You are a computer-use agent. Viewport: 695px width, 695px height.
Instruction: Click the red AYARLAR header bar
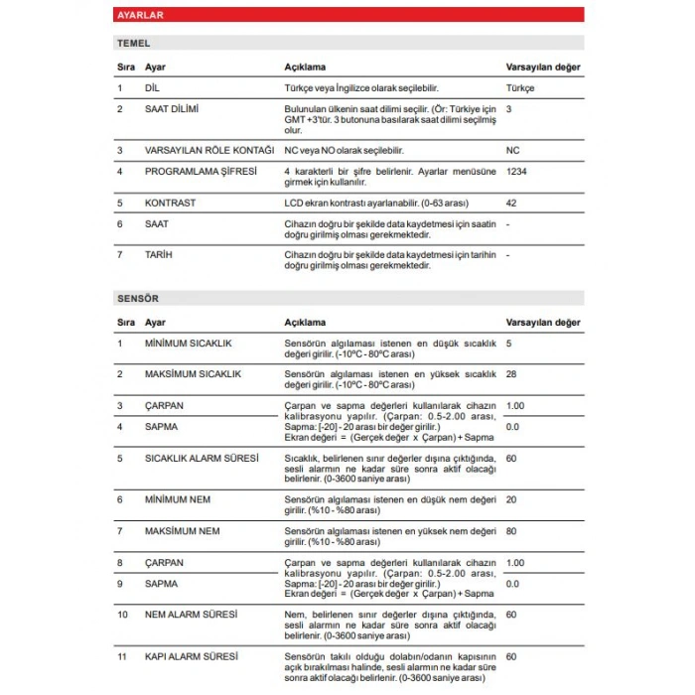pyautogui.click(x=347, y=16)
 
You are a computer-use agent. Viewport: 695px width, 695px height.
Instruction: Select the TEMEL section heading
pyautogui.click(x=134, y=44)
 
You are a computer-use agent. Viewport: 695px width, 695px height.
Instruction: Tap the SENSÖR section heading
pyautogui.click(x=138, y=298)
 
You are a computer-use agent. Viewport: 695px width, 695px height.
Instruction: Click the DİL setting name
pyautogui.click(x=152, y=88)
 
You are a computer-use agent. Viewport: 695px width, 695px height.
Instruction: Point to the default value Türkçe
pyautogui.click(x=520, y=88)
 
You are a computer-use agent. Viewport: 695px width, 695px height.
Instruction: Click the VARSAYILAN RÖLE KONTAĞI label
pyautogui.click(x=208, y=151)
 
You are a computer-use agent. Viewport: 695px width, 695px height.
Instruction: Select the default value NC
pyautogui.click(x=512, y=151)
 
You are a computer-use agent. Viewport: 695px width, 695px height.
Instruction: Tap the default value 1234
pyautogui.click(x=516, y=172)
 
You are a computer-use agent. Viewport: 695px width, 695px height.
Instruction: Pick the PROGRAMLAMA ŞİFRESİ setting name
pyautogui.click(x=201, y=172)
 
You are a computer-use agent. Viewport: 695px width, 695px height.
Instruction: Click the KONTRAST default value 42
pyautogui.click(x=511, y=204)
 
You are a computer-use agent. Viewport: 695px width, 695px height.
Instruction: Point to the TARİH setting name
pyautogui.click(x=158, y=255)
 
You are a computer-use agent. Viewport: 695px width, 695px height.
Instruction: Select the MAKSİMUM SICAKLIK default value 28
pyautogui.click(x=511, y=373)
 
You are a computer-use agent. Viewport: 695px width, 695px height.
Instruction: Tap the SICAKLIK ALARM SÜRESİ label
pyautogui.click(x=202, y=459)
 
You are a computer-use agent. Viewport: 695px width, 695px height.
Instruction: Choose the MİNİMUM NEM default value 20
pyautogui.click(x=511, y=500)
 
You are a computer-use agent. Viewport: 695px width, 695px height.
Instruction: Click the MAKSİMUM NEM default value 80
pyautogui.click(x=511, y=531)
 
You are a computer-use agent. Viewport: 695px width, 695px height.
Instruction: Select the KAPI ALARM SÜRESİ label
pyautogui.click(x=191, y=657)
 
